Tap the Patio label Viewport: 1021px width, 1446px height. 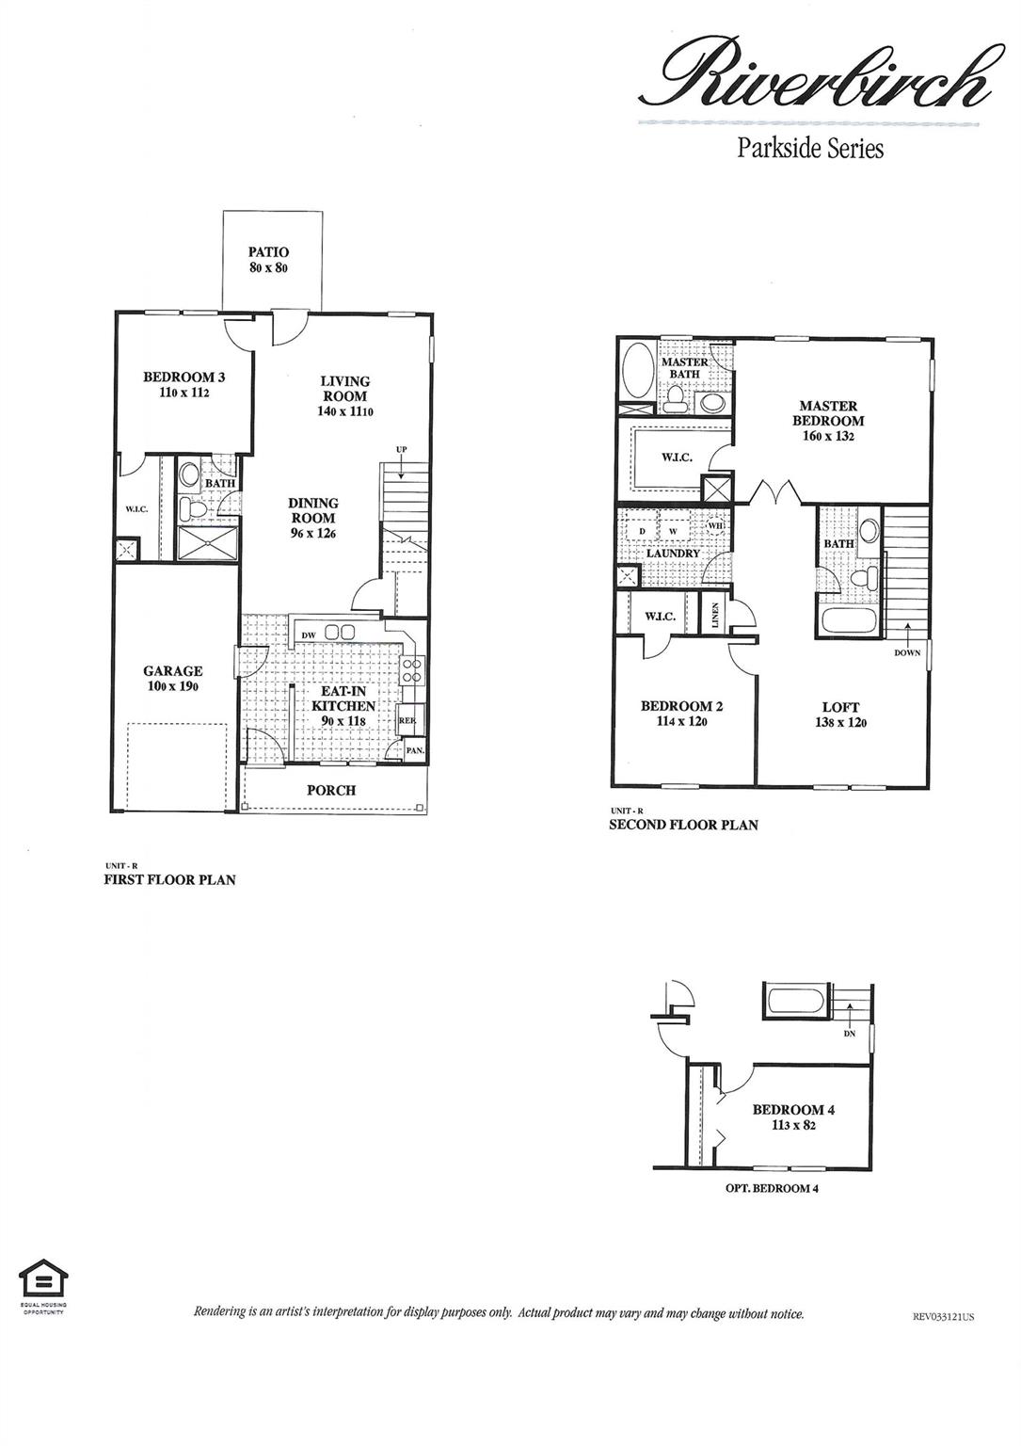tap(268, 252)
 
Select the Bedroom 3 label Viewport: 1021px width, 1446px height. tap(183, 378)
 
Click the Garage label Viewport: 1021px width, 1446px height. tap(172, 671)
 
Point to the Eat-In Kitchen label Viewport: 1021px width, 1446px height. tap(343, 699)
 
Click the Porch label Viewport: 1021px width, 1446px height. tap(331, 790)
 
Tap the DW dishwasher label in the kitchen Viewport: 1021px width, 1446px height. tap(309, 635)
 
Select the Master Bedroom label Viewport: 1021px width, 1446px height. tap(827, 413)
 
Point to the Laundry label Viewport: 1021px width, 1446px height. tap(672, 554)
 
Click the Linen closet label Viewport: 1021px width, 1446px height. tap(716, 617)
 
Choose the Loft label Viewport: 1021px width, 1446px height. tap(840, 707)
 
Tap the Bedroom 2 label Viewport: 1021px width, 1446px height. tap(681, 706)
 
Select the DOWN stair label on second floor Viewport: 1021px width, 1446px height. tap(907, 653)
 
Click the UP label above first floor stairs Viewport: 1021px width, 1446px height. tap(401, 449)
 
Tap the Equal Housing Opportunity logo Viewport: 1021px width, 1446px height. tap(43, 1281)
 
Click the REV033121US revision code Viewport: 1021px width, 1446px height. tap(943, 1317)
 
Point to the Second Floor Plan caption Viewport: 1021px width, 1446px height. tap(683, 825)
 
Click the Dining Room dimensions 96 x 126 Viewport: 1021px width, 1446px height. tap(313, 533)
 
